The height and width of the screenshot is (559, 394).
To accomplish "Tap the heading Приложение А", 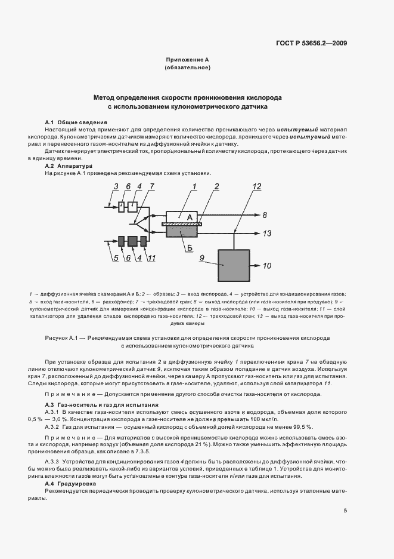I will tap(187, 60).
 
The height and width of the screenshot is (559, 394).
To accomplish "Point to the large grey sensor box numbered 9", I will tap(236, 265).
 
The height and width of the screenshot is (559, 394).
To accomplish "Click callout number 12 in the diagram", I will tap(256, 187).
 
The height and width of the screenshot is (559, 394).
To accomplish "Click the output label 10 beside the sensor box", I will tap(266, 265).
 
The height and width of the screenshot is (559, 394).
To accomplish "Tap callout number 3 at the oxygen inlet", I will tap(117, 187).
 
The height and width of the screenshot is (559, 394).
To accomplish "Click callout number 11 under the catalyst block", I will tap(152, 258).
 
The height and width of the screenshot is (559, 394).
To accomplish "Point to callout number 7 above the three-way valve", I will tap(151, 187).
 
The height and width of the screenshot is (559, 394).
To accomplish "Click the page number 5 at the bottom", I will tap(345, 510).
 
